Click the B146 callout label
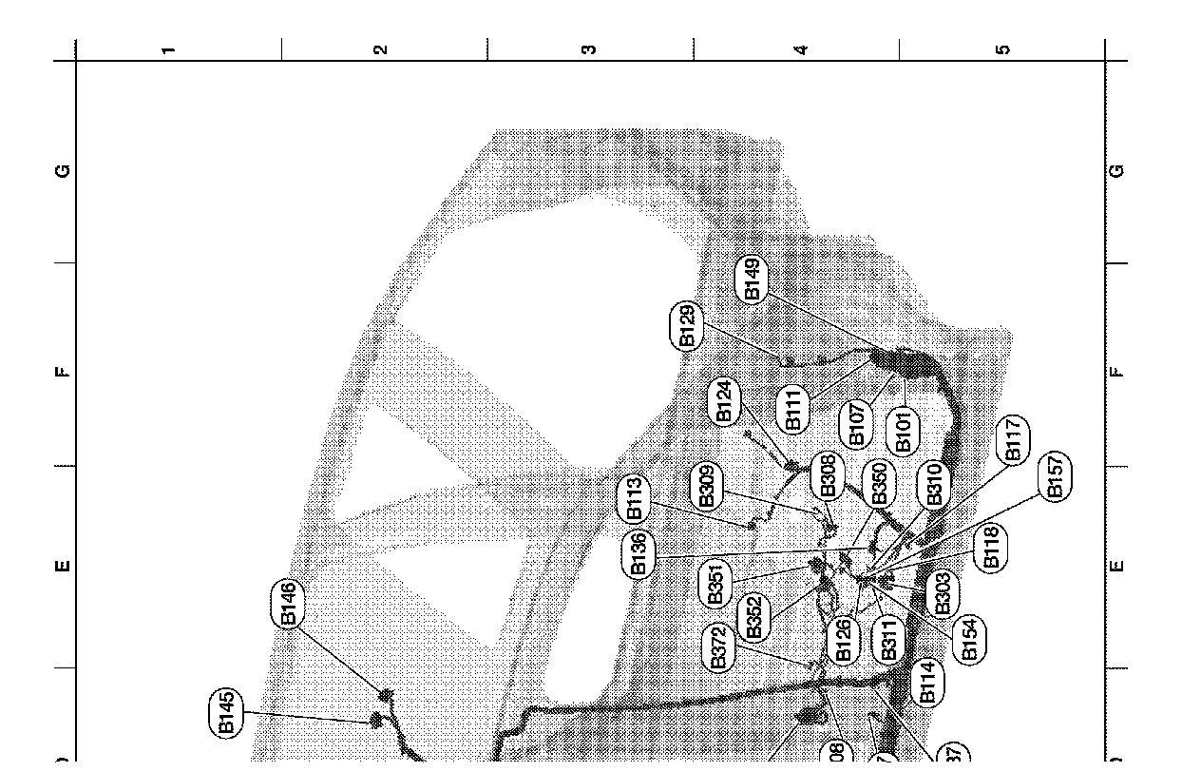289,604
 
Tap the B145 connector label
226,712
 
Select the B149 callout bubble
752,280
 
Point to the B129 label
688,326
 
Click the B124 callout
724,401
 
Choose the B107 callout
856,425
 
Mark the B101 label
903,431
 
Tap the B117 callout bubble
1013,440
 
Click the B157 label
1055,476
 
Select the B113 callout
635,498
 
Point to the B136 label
639,554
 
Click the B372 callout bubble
718,647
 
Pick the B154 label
970,639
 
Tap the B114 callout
928,682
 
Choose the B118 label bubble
992,547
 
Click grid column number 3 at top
589,49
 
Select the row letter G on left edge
64,171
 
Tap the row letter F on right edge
1117,372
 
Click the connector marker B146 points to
387,696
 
